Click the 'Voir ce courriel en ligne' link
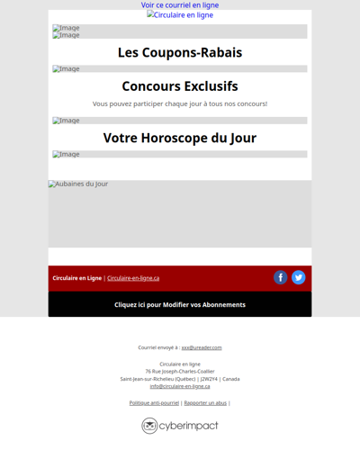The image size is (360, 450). tap(180, 5)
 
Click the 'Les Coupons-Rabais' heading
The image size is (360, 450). tap(180, 52)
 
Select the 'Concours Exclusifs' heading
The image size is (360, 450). tap(180, 86)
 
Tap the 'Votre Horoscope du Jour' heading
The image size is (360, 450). tap(180, 138)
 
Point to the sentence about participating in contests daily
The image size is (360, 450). tap(180, 104)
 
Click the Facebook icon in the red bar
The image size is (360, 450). tap(281, 277)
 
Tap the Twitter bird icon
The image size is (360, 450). tap(299, 277)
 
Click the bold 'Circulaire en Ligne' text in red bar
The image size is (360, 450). tap(77, 278)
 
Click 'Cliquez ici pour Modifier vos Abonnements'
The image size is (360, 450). tap(180, 304)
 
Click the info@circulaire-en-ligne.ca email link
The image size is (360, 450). tap(180, 386)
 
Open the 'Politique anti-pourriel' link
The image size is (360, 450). tap(154, 403)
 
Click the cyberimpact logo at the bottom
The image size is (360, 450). tap(180, 425)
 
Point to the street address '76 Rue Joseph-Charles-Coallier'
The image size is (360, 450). tap(180, 372)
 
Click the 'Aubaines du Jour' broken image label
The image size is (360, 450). tap(78, 184)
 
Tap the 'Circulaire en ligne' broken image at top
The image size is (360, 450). tap(180, 15)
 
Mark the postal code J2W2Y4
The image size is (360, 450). tap(210, 379)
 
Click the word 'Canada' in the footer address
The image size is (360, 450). tap(231, 379)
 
